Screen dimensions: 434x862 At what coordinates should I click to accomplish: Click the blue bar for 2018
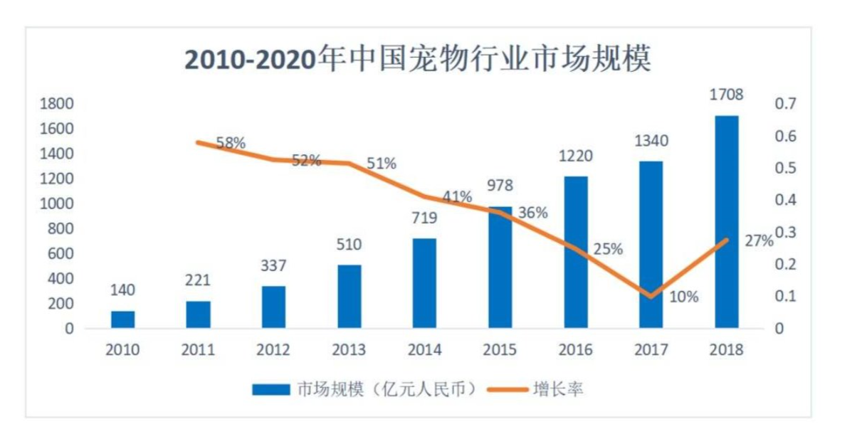(727, 222)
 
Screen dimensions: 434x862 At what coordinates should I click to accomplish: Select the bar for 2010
(122, 319)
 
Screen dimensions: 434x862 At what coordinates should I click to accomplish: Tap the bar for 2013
(349, 297)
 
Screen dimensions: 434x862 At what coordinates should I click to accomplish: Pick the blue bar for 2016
(576, 252)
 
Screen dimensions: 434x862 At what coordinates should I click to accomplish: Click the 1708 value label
(727, 94)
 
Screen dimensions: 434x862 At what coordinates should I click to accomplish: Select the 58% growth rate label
(230, 143)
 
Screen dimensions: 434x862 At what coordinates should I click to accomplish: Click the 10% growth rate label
(684, 297)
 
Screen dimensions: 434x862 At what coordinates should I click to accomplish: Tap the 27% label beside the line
(759, 240)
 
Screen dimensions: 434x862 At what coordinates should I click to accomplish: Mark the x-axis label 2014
(425, 350)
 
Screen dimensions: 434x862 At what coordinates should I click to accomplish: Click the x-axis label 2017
(651, 350)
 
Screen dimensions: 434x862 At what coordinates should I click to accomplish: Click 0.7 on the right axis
(784, 104)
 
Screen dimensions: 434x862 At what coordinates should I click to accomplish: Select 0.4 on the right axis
(784, 201)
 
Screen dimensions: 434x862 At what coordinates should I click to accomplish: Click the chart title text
(418, 60)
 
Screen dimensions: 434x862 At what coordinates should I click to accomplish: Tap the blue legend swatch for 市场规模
(271, 389)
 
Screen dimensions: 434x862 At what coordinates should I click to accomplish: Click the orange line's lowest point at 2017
(651, 296)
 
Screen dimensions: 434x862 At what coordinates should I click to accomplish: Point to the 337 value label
(273, 266)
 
